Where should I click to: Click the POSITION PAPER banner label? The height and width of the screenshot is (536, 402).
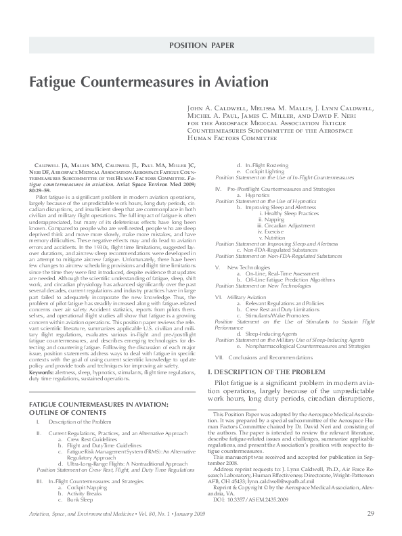tap(201, 46)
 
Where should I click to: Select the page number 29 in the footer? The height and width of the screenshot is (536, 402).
tap(371, 513)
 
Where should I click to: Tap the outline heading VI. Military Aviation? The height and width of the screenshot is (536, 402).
tap(248, 297)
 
